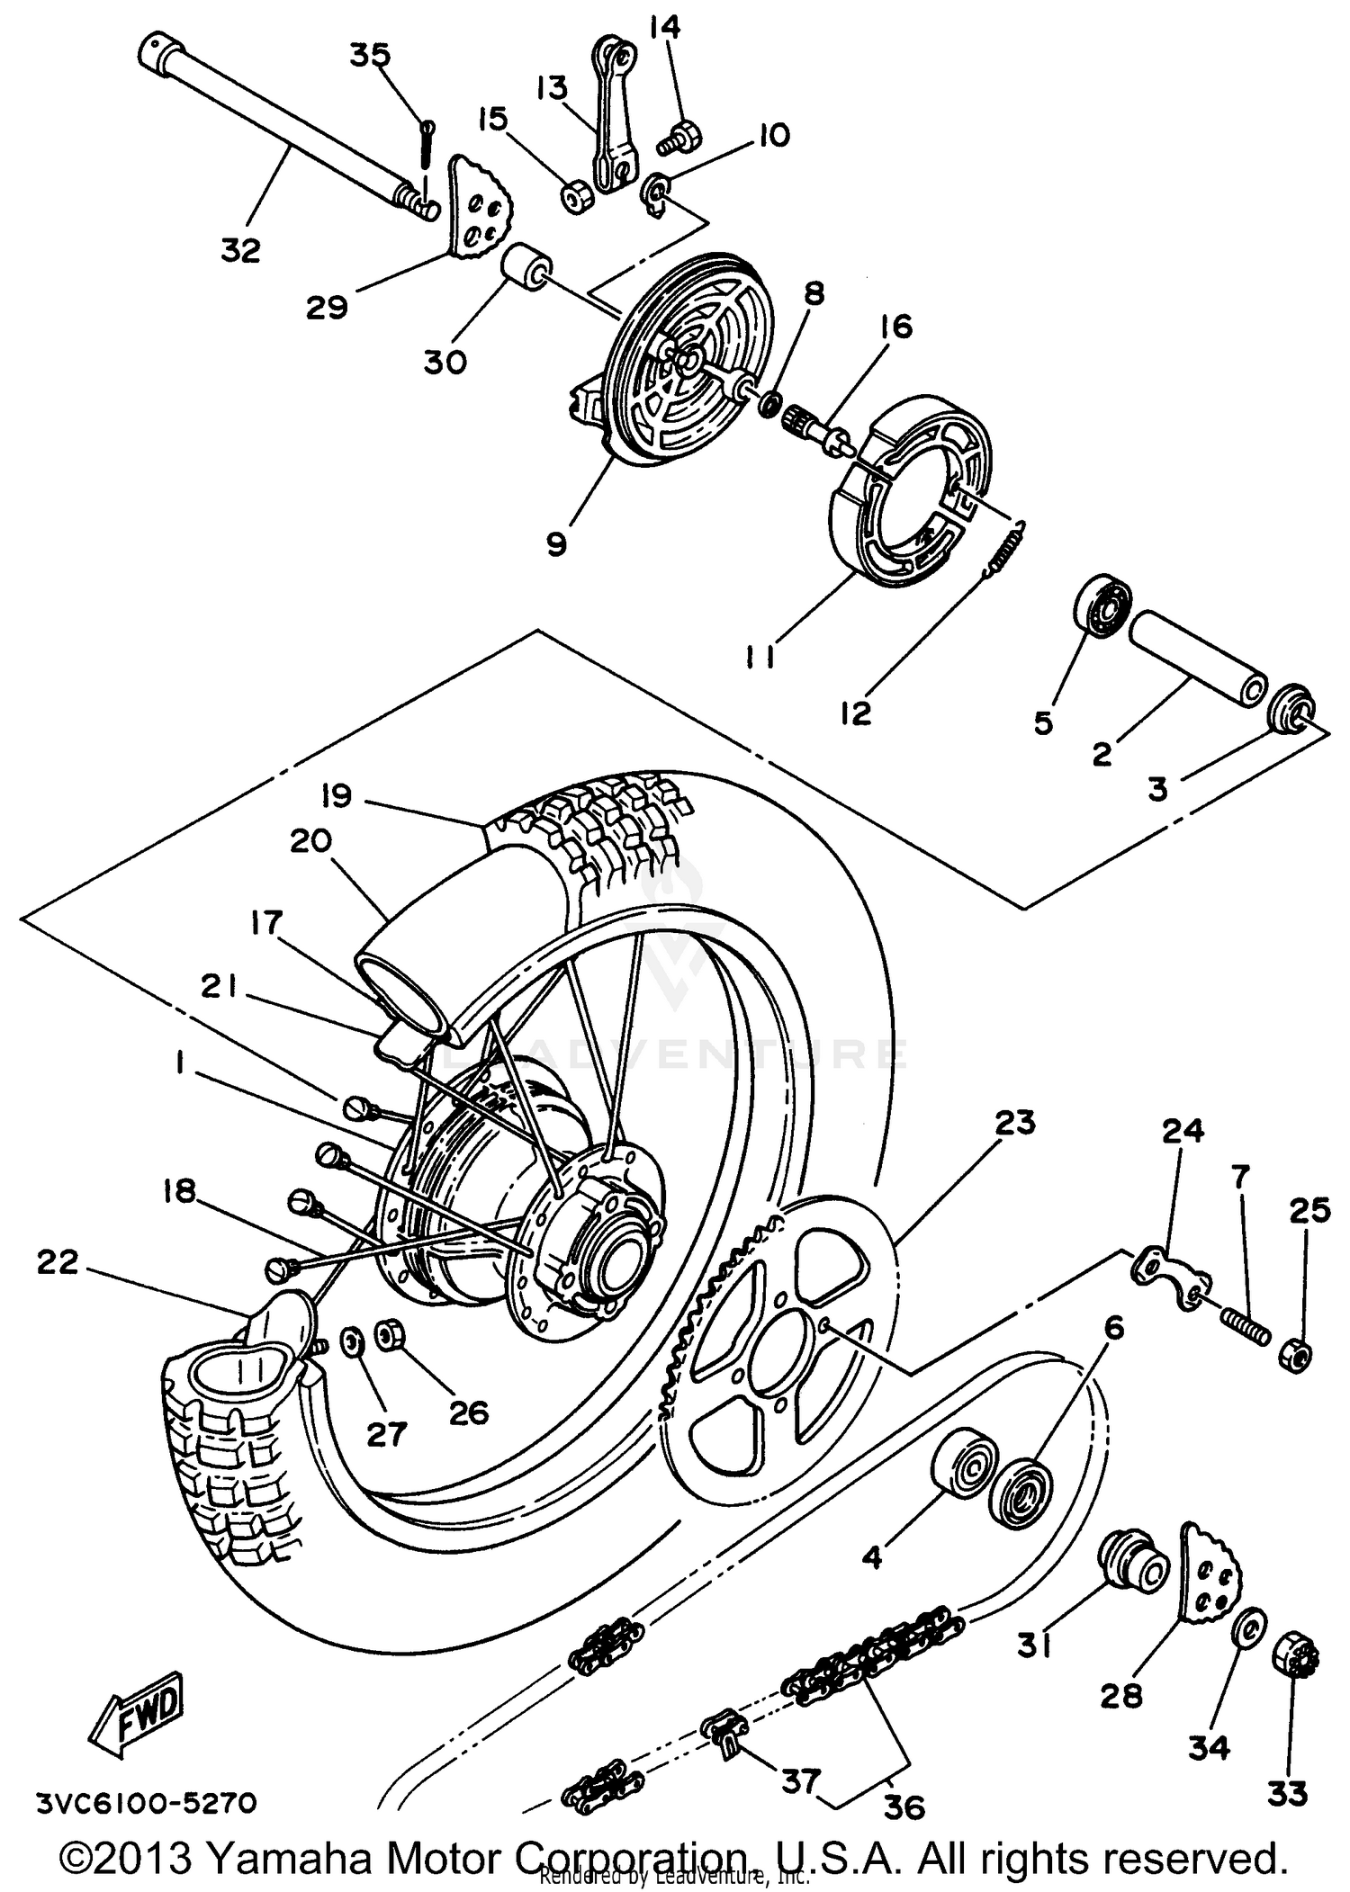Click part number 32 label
point(240,250)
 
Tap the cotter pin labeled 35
point(427,143)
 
